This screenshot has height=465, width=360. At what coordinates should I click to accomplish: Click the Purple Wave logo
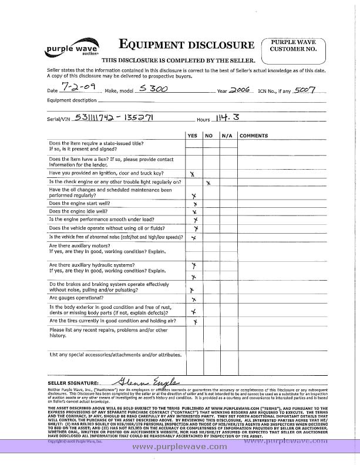(65, 50)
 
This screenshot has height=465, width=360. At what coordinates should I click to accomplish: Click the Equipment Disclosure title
(187, 44)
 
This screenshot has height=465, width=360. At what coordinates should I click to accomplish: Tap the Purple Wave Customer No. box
(294, 46)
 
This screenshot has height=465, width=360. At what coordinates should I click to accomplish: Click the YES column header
(193, 136)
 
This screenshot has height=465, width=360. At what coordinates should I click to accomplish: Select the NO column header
(208, 136)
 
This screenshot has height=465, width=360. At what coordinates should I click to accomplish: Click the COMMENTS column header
(254, 136)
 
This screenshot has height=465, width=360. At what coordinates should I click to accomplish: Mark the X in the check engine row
(208, 183)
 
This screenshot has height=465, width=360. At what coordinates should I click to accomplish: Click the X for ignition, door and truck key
(193, 174)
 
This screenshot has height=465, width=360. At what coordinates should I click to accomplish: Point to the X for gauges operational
(194, 299)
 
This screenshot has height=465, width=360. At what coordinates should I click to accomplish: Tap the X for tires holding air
(195, 322)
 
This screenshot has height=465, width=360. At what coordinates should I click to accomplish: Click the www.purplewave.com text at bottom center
(179, 447)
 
